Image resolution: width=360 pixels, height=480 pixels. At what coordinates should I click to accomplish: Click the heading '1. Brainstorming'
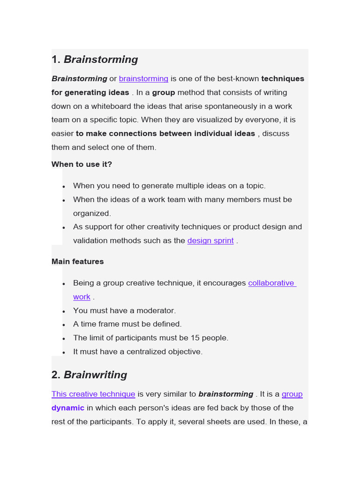point(95,60)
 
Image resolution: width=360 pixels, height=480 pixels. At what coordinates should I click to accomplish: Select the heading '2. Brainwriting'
point(89,375)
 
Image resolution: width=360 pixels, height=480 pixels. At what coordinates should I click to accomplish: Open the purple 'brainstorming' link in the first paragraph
point(143,79)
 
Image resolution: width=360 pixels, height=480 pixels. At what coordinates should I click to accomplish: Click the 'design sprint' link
point(210,241)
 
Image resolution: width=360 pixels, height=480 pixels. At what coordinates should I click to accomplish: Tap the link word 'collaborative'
point(271,283)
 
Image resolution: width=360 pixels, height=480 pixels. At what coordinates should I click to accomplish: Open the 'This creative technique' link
point(93,394)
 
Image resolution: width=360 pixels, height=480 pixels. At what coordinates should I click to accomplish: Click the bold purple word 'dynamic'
point(68,408)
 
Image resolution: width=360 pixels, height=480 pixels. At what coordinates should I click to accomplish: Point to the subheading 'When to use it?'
point(82,165)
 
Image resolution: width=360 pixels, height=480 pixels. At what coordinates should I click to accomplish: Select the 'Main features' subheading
point(78,262)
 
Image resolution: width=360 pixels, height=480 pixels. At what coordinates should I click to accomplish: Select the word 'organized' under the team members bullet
point(92,213)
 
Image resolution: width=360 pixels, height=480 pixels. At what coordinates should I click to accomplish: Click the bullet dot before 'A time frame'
point(64,325)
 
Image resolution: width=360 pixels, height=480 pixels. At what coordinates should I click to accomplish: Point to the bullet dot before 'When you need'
point(64,187)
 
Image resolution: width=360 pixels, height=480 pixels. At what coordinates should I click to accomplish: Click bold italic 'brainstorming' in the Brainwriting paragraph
point(225,394)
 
